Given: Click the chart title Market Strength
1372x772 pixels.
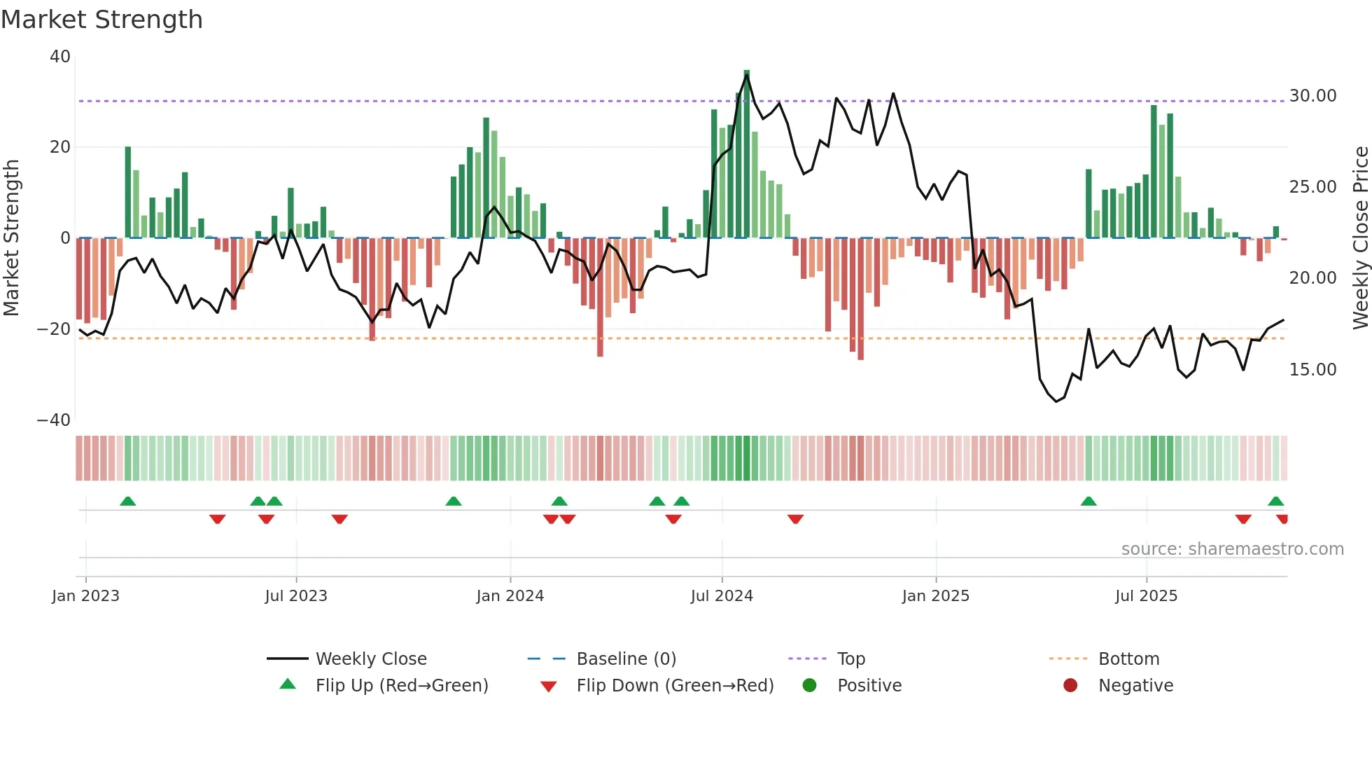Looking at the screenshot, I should (101, 20).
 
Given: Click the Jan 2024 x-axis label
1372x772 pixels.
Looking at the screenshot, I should (510, 596).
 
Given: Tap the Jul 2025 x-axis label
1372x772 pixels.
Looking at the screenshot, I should (1146, 596).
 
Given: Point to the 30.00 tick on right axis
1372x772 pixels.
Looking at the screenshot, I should (1312, 96).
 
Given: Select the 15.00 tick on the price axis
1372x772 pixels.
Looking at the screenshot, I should (1312, 370).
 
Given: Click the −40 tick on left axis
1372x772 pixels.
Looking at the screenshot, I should (53, 420).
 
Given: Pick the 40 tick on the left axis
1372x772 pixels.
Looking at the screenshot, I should (60, 57).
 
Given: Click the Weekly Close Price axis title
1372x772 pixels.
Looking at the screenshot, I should (1360, 238).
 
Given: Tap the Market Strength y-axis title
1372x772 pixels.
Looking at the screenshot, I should (12, 238).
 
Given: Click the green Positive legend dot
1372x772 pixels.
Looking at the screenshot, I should (810, 686).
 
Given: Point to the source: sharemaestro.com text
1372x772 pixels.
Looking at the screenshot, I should (1232, 549).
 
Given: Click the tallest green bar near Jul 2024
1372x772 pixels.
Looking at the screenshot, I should (746, 154).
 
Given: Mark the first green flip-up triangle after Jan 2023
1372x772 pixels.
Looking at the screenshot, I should (127, 502).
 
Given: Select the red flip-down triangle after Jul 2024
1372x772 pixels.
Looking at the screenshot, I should (795, 519).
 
